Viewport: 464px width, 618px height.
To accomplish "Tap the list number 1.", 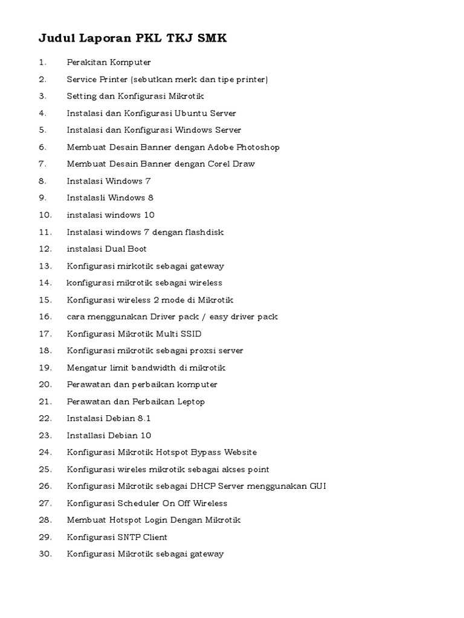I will click(x=42, y=62).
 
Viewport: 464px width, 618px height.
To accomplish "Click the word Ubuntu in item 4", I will click(x=190, y=113).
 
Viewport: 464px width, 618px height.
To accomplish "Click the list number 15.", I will click(x=45, y=300).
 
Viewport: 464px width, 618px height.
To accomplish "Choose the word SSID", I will click(x=190, y=334).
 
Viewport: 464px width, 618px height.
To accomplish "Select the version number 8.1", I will click(x=143, y=418).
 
